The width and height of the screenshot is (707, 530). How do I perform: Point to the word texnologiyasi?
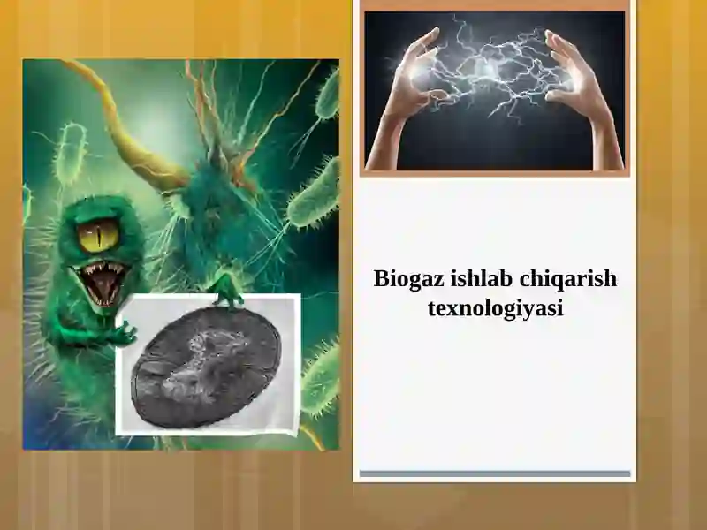click(x=495, y=309)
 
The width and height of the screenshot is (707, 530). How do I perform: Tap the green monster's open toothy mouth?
click(x=103, y=281)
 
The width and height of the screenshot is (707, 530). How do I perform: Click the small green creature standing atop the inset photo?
click(x=227, y=289)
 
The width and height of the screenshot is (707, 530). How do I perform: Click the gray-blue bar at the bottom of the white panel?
click(x=495, y=474)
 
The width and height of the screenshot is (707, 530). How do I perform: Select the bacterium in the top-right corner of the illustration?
click(x=327, y=93)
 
